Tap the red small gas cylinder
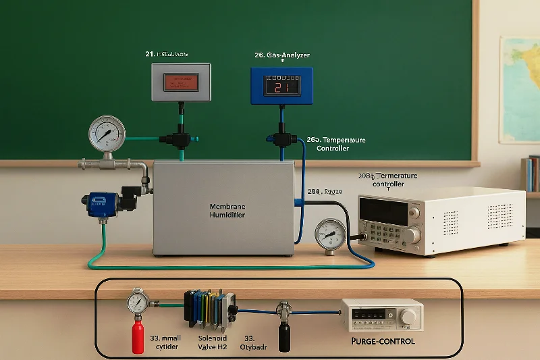coord(138,336)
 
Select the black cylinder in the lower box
coord(284,335)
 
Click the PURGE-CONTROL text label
coord(383,341)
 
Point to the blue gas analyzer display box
coord(281,85)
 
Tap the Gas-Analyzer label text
coord(282,55)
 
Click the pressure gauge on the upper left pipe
coord(107,133)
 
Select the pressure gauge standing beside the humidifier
coord(329,235)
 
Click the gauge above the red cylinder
coord(137,301)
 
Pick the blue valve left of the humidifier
coord(100,203)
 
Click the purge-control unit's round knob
coord(410,317)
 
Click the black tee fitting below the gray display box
coord(180,140)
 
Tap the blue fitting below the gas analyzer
coord(281,138)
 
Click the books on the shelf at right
coord(532,174)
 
